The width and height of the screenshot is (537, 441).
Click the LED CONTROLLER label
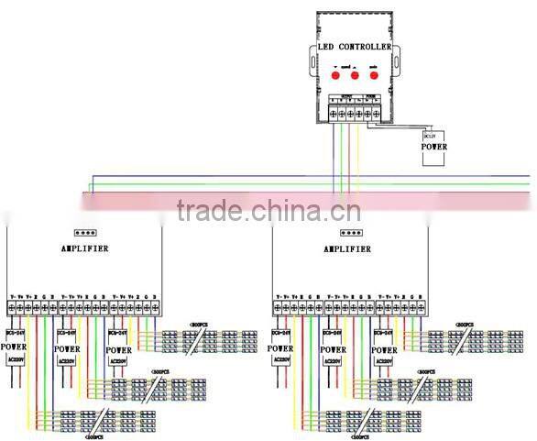pos(355,47)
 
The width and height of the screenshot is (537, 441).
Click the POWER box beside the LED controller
pos(434,146)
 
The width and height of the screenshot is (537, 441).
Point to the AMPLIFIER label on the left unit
pos(84,248)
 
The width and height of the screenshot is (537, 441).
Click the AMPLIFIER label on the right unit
pos(349,248)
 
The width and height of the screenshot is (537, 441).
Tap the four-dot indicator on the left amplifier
pos(84,233)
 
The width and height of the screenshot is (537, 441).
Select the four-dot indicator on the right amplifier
pos(351,233)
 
